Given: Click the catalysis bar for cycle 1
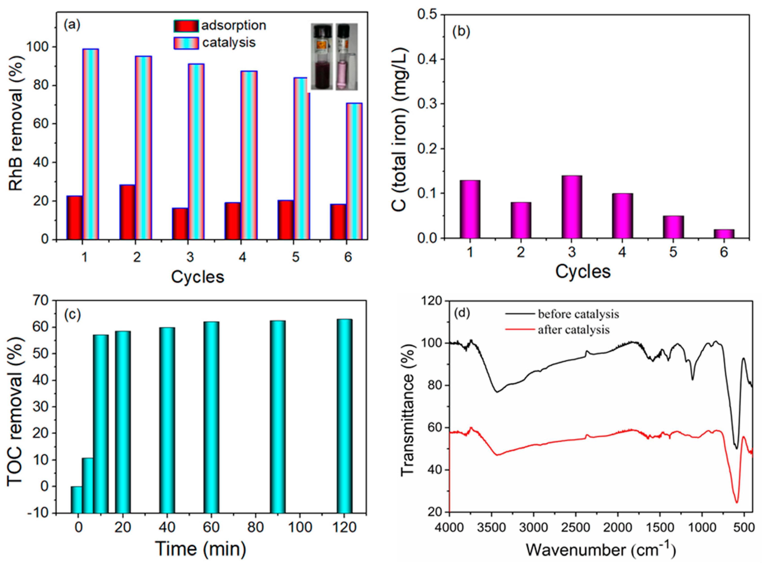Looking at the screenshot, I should coord(91,144).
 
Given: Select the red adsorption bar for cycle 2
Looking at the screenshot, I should coord(127,212).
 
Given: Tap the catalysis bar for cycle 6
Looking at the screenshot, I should coord(354,171).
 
